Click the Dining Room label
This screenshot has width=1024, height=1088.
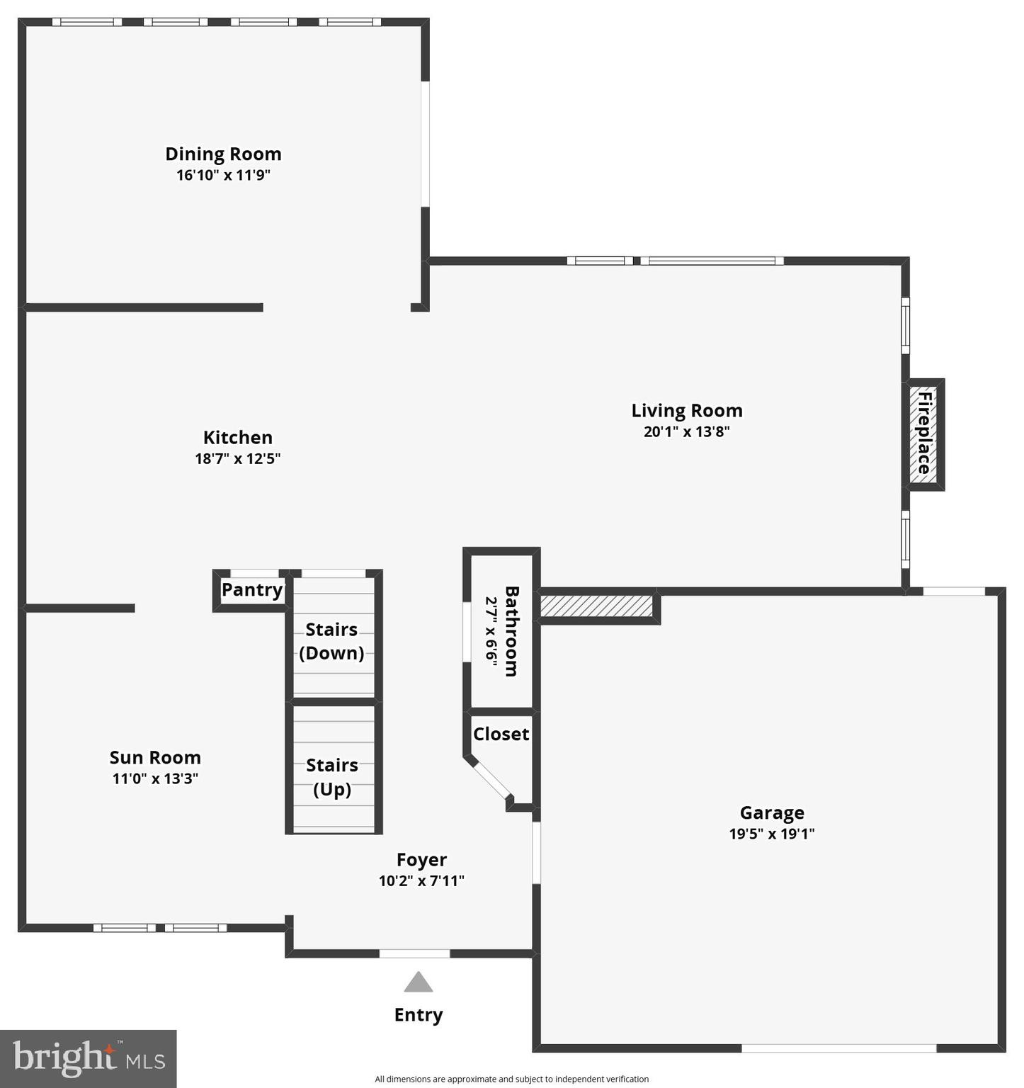click(223, 154)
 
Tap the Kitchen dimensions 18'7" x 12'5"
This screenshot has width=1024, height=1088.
click(238, 458)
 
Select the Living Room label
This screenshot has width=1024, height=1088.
click(687, 411)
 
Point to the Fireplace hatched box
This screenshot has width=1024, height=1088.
click(923, 434)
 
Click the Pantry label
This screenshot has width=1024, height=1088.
click(251, 589)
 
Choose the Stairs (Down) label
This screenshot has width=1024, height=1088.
click(331, 641)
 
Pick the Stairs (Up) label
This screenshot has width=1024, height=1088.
click(332, 777)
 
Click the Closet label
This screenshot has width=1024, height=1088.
click(501, 734)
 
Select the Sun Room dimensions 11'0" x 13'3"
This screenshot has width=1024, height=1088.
click(155, 778)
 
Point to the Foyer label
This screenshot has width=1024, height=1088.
click(421, 860)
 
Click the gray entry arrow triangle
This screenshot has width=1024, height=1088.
click(419, 982)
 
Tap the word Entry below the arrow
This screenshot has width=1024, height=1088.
click(419, 1015)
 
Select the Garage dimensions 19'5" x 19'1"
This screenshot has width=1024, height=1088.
click(772, 834)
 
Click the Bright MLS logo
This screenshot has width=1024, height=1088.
click(89, 1058)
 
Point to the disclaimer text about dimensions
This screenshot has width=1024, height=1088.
click(511, 1079)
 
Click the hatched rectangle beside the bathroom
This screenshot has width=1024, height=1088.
click(596, 606)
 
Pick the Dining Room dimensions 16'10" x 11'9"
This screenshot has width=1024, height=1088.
click(223, 175)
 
